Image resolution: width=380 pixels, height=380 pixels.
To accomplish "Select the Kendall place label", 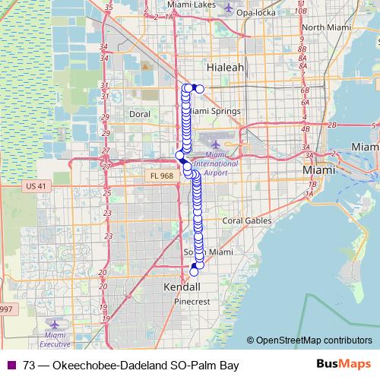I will [182, 287].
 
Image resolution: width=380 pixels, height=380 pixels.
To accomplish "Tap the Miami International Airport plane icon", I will [217, 144].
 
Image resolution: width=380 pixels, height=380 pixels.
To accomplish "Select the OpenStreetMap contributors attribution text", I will [312, 340].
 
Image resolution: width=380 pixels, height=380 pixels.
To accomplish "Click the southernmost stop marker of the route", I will [193, 272].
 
